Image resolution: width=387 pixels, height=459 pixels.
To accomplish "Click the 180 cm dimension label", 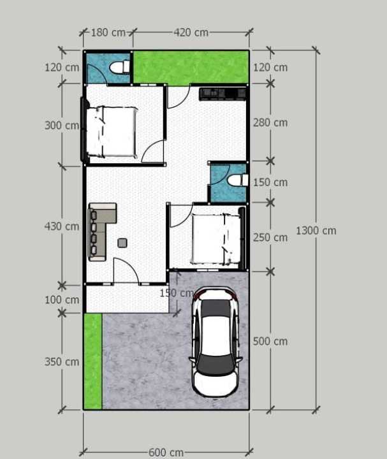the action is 108,33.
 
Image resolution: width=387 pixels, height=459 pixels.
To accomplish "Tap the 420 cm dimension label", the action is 191,33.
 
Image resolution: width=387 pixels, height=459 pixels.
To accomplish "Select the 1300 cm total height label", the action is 316,231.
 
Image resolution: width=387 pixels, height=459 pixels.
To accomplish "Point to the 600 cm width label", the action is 166,452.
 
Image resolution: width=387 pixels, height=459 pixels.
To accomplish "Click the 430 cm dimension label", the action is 62,226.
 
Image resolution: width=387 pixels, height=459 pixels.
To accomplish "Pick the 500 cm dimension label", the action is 270,341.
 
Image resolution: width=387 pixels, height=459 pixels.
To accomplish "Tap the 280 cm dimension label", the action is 270,122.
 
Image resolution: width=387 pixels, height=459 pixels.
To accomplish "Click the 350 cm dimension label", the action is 62,362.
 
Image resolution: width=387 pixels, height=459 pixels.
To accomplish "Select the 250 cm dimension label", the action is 270,237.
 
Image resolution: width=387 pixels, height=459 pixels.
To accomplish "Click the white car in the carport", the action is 215,342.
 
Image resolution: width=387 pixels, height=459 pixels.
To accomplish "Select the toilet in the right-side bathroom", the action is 238,180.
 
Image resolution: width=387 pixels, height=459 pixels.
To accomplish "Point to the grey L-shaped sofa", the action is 102,231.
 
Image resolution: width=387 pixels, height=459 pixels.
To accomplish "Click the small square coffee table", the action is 122,243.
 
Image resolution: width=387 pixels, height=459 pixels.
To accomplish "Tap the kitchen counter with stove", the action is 223,94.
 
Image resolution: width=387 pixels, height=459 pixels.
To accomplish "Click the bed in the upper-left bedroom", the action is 112,131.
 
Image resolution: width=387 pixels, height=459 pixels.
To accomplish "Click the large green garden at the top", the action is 191,68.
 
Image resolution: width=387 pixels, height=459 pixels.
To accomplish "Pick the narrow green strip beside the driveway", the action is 93,361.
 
